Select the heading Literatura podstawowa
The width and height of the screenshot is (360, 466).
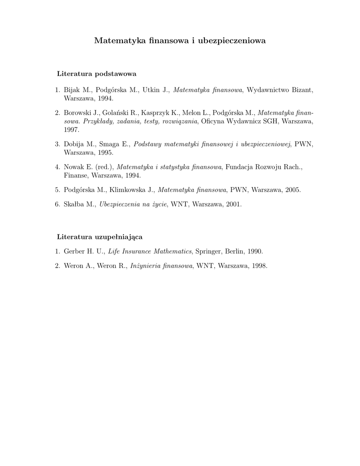point(96,73)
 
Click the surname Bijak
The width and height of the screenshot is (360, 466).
point(72,90)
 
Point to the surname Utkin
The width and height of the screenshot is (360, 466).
point(151,90)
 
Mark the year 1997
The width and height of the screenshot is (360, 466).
point(71,129)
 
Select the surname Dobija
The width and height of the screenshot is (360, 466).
point(74,144)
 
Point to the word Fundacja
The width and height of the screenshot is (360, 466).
point(238,167)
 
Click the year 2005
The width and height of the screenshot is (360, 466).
point(291,190)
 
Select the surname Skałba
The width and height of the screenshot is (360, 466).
point(74,205)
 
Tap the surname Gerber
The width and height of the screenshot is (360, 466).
point(74,251)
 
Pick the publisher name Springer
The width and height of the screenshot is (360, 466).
point(208,251)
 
